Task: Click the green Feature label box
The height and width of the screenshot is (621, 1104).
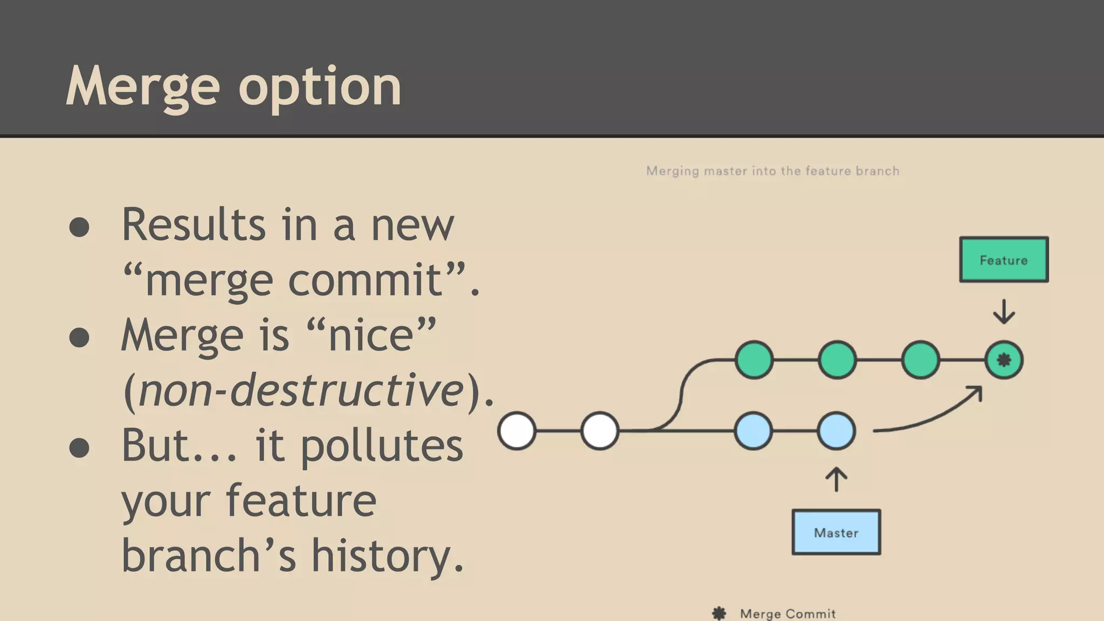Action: click(x=1004, y=260)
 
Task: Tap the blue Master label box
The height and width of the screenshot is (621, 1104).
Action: click(x=836, y=533)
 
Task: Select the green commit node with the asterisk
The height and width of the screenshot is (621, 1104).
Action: click(x=1004, y=360)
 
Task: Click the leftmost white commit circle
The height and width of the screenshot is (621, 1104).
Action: click(x=516, y=431)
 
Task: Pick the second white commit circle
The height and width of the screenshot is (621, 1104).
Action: click(x=599, y=431)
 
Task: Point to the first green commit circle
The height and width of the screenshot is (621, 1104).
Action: click(x=754, y=360)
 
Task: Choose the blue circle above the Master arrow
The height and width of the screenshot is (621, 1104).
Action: click(x=836, y=431)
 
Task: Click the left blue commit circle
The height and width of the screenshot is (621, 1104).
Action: click(x=753, y=431)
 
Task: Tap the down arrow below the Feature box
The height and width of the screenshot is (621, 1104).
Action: click(x=1004, y=312)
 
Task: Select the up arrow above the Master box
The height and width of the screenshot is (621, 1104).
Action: click(x=836, y=479)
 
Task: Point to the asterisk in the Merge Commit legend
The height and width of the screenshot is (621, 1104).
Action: click(x=719, y=613)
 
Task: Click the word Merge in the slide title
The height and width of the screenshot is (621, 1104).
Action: click(x=143, y=86)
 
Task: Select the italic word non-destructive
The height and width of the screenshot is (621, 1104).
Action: click(x=301, y=390)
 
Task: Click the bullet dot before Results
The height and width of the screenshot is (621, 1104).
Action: click(x=79, y=227)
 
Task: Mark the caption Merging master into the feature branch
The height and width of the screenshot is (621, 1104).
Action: click(x=772, y=171)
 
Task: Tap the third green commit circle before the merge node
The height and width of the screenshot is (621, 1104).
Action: click(x=920, y=360)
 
